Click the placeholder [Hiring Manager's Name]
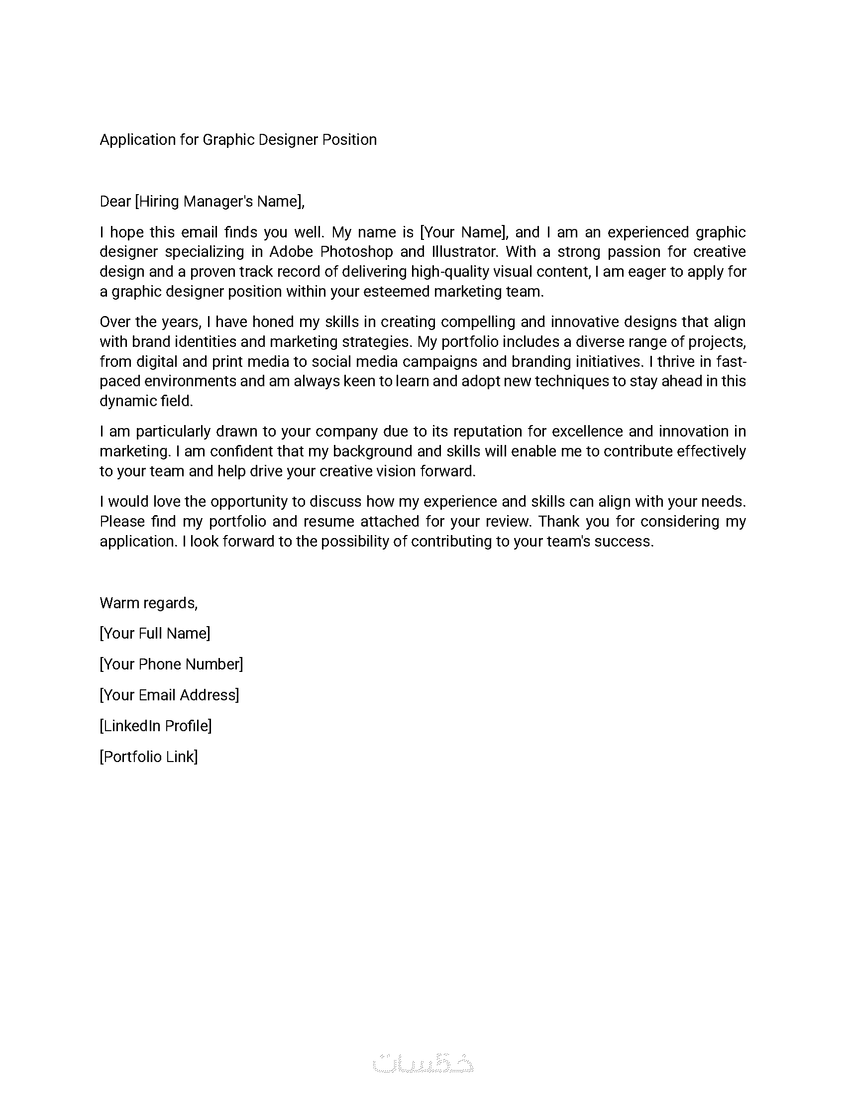[219, 202]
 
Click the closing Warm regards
[149, 603]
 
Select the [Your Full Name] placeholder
[155, 634]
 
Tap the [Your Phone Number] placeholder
[171, 664]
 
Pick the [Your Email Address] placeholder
[169, 695]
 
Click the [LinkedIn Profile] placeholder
[156, 726]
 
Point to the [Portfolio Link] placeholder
[149, 757]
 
